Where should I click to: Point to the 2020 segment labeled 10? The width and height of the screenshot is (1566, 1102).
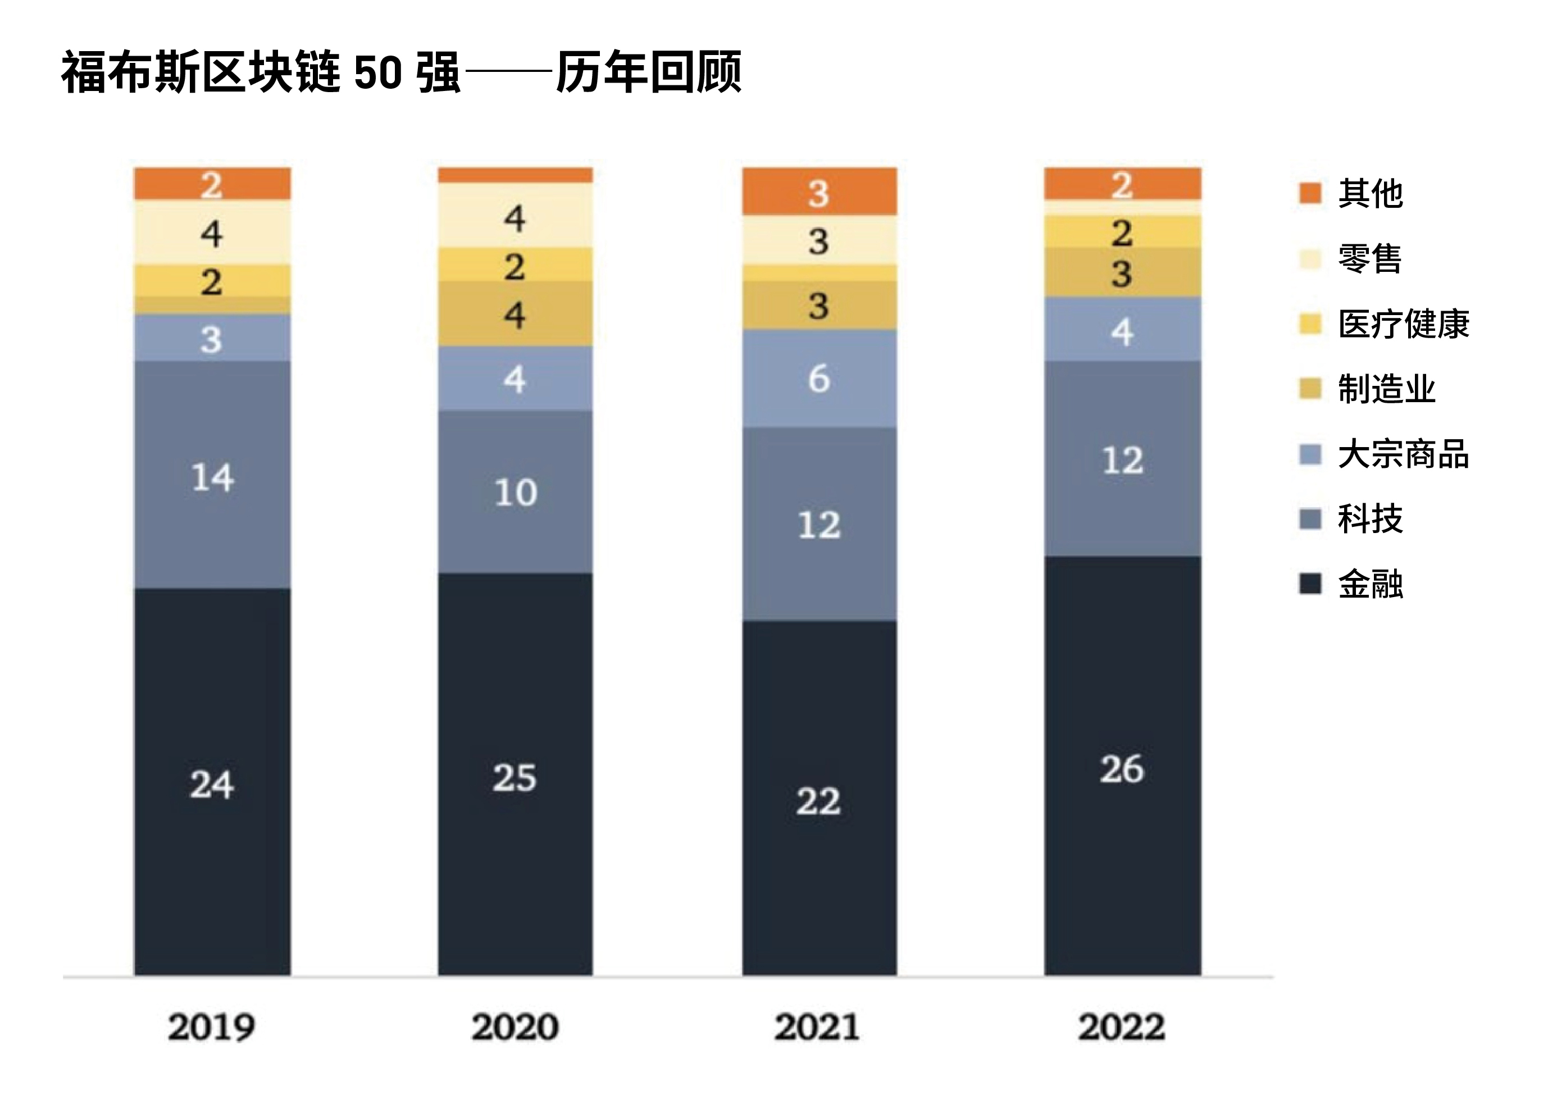pyautogui.click(x=515, y=491)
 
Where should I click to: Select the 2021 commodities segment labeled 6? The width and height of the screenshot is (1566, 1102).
pyautogui.click(x=819, y=379)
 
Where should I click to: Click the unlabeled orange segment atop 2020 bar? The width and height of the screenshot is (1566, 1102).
pyautogui.click(x=515, y=175)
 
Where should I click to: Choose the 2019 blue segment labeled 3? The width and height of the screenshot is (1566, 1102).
pyautogui.click(x=212, y=338)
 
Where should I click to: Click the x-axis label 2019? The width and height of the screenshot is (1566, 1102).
pyautogui.click(x=211, y=1026)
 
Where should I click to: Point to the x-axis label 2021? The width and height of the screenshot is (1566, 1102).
pyautogui.click(x=817, y=1026)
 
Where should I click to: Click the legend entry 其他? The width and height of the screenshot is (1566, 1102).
pyautogui.click(x=1369, y=193)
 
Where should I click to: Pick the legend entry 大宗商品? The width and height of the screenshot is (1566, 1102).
pyautogui.click(x=1403, y=454)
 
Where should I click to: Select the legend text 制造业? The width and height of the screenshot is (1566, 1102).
pyautogui.click(x=1386, y=389)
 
